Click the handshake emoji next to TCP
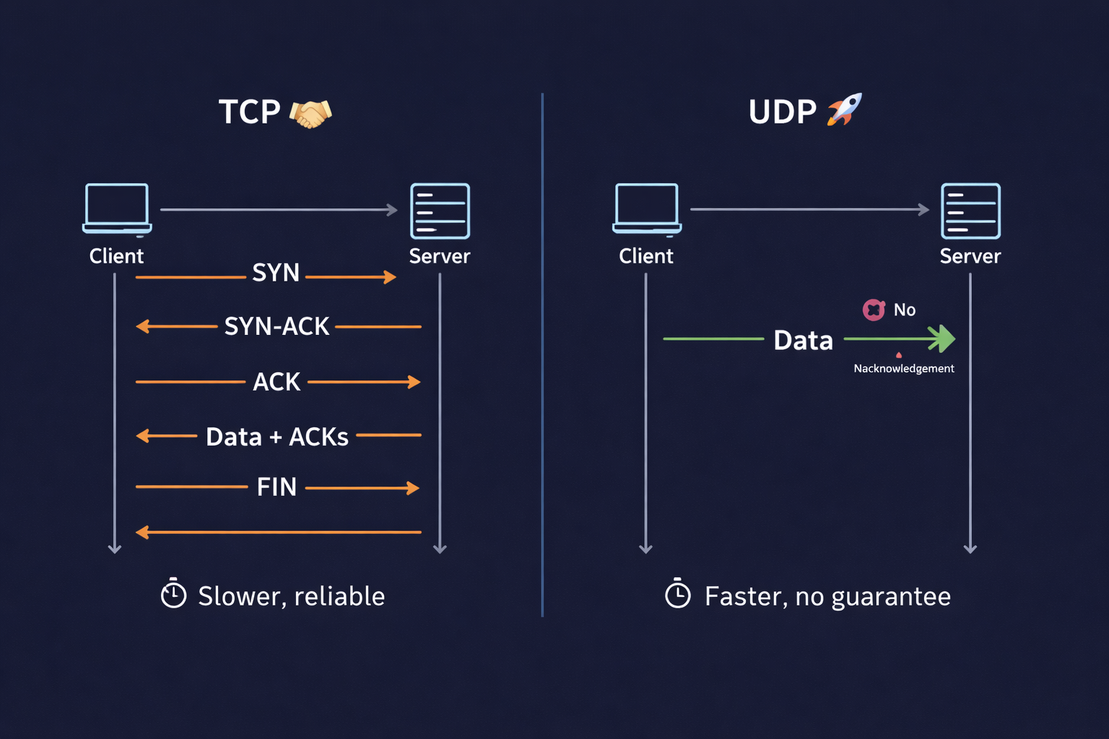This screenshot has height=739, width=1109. (x=310, y=113)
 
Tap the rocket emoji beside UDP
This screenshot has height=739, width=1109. (x=845, y=110)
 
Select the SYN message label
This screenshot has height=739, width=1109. (x=276, y=273)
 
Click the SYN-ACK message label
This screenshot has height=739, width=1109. (x=277, y=327)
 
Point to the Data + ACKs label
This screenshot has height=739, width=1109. (x=277, y=437)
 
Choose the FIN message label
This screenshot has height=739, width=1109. (x=277, y=487)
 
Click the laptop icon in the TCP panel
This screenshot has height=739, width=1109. (x=117, y=209)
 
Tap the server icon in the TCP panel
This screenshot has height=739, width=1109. (x=440, y=211)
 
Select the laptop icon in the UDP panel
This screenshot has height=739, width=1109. (x=647, y=209)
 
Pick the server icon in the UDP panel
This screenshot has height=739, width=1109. (x=970, y=211)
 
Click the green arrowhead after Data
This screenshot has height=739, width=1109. (x=942, y=338)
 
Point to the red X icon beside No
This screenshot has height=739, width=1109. (x=874, y=310)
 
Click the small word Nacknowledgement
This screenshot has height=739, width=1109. (x=904, y=369)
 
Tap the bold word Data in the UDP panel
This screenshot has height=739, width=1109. (x=803, y=341)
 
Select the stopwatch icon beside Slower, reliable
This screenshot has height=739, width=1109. (x=173, y=594)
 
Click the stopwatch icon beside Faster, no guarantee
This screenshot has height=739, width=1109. (x=677, y=594)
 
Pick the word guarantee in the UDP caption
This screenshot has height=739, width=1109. (x=891, y=597)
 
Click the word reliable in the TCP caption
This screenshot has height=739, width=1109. (x=339, y=596)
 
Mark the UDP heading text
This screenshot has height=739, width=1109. (x=782, y=113)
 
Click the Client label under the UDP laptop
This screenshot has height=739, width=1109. (x=646, y=256)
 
